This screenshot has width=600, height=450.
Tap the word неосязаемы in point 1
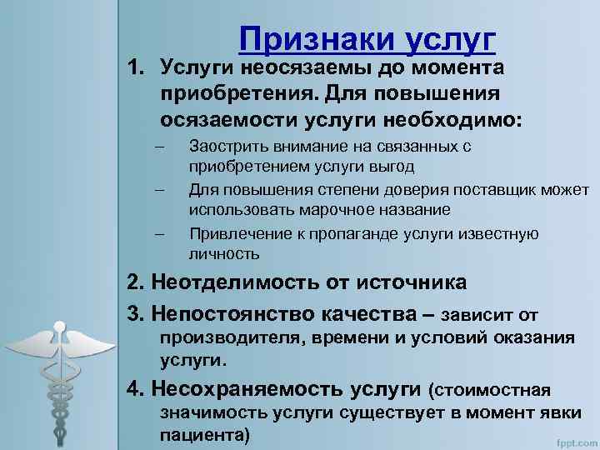(295, 66)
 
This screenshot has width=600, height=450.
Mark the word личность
(224, 253)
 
